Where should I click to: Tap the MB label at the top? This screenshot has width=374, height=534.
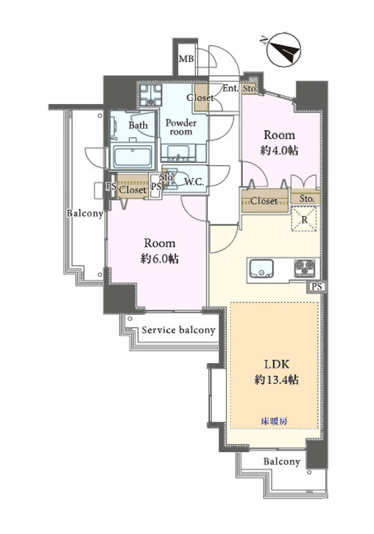coord(186,59)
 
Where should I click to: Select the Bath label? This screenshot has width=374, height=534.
coord(138,125)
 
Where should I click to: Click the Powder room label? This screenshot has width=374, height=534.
coord(181,127)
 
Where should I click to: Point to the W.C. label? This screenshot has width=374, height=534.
coord(194,182)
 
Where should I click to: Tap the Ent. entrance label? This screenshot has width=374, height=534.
coord(230,89)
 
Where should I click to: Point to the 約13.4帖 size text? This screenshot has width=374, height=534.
coord(274,379)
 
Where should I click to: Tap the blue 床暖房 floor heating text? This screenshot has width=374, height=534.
coord(274,421)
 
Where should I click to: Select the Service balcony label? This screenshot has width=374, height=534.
coord(178,330)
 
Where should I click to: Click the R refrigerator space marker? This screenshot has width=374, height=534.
coord(305,220)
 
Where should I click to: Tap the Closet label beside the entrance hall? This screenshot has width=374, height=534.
coord(199,98)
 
